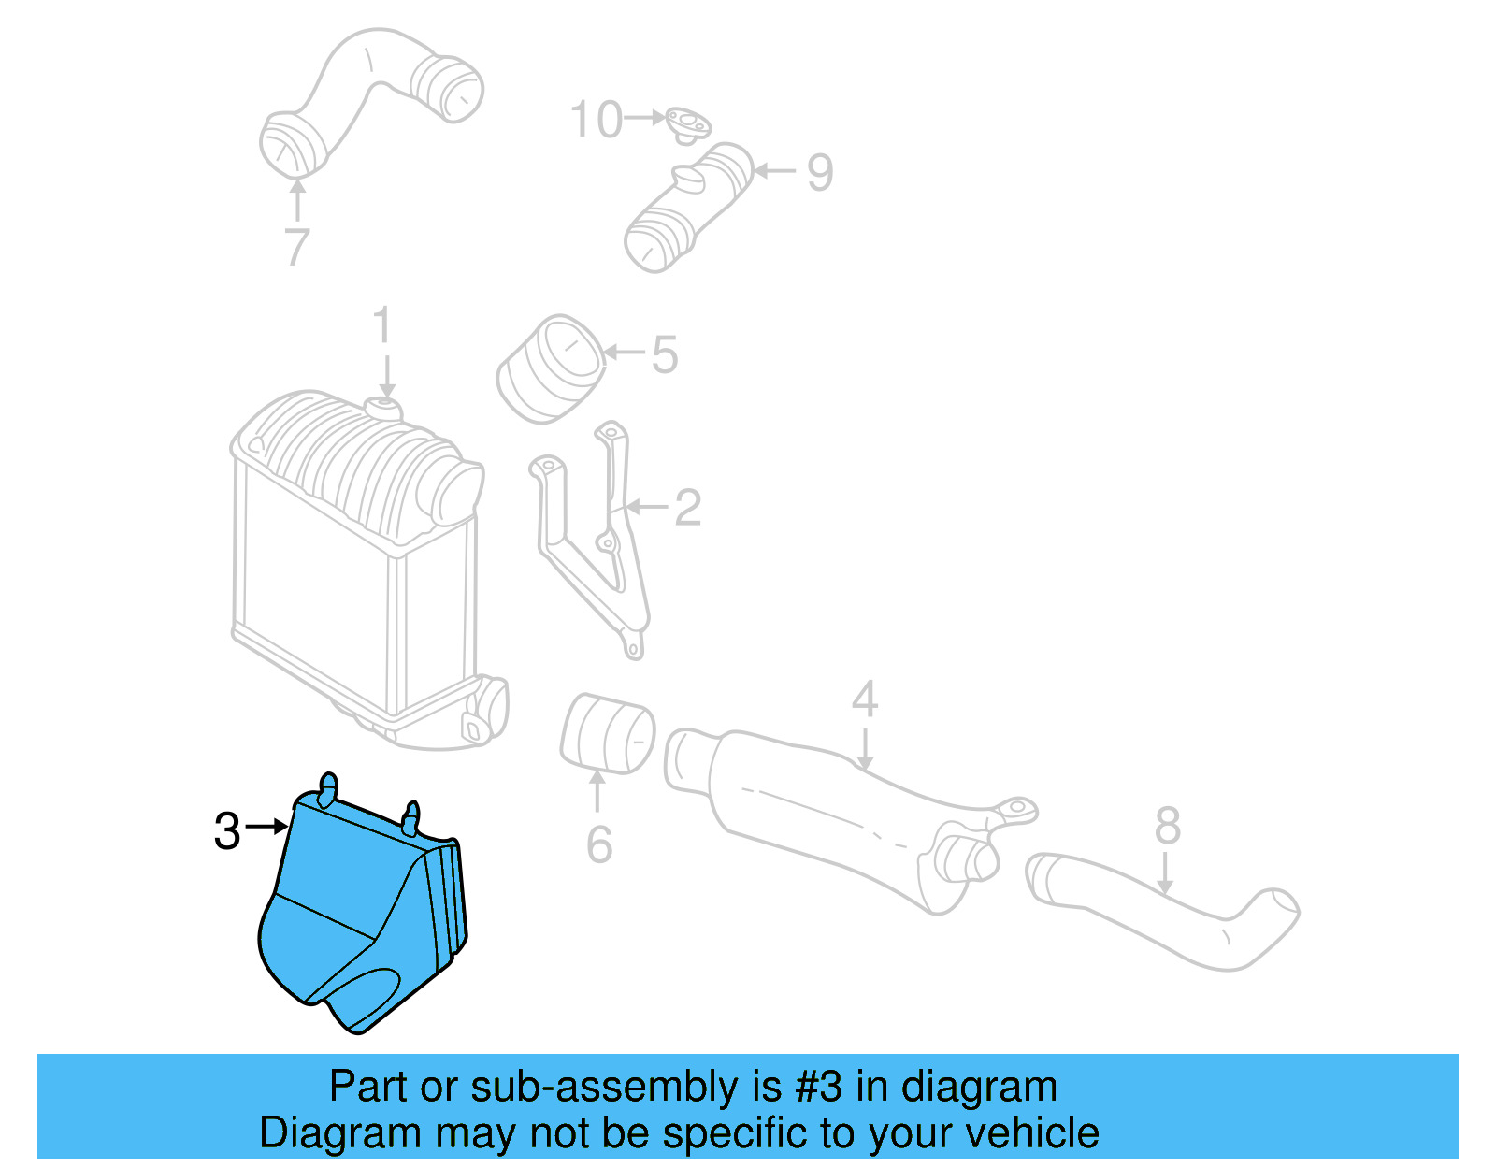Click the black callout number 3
[227, 830]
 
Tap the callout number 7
[296, 247]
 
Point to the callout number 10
[596, 120]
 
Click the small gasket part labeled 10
[689, 123]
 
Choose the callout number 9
[820, 172]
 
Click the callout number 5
[665, 354]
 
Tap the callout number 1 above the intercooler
[381, 325]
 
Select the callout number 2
[687, 508]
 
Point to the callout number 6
[599, 844]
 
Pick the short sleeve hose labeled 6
[607, 735]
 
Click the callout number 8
[1168, 826]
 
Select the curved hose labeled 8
[1159, 912]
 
